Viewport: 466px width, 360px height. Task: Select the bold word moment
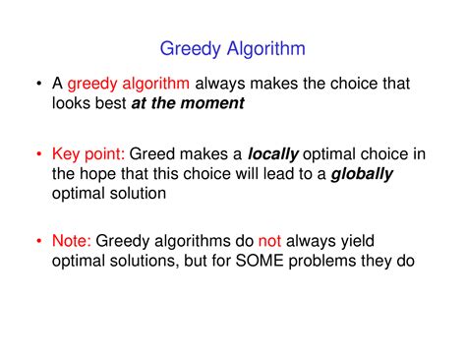click(x=212, y=103)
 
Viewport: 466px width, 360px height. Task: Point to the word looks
click(x=73, y=103)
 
